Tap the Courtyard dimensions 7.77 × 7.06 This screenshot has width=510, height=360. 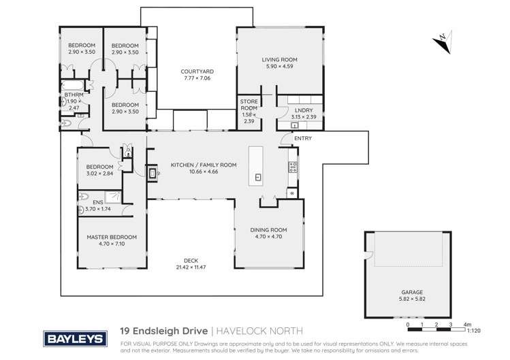pos(197,78)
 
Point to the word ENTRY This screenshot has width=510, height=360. pos(302,138)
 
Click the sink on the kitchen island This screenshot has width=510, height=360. pos(258,177)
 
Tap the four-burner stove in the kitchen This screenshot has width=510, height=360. pos(293,167)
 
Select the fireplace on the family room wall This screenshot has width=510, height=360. pos(153,173)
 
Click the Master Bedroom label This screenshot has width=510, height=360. pos(112,237)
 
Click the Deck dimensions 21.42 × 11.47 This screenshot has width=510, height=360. pos(190,265)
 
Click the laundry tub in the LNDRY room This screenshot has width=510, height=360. pos(293,125)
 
